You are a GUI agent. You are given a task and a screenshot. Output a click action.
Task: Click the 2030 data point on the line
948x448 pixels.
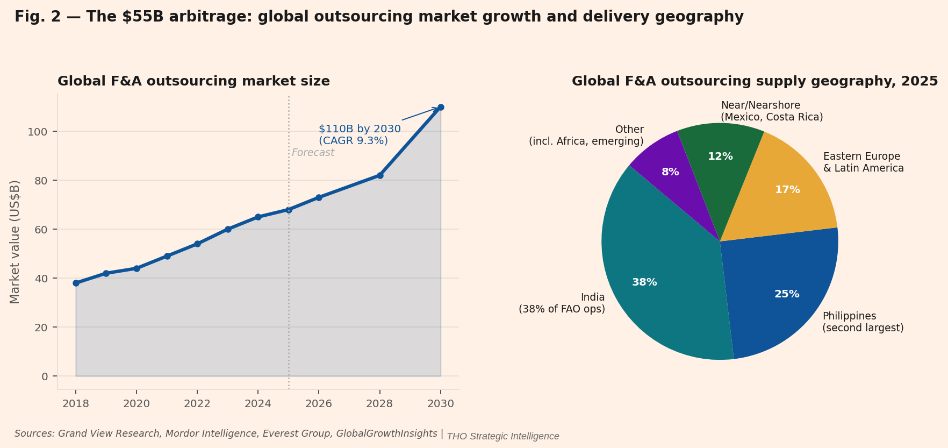pos(441,108)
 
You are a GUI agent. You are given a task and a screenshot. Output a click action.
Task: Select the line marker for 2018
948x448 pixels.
pos(76,283)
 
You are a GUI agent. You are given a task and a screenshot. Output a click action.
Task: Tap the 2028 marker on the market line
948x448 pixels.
pos(380,175)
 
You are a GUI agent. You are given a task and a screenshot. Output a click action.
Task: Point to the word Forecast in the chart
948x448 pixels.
pos(313,153)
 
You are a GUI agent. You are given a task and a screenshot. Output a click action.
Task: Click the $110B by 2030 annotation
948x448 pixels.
pos(360,135)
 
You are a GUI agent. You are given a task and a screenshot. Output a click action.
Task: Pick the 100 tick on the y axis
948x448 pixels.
pos(41,132)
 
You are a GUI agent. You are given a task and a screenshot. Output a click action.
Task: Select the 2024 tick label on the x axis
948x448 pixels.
pos(258,404)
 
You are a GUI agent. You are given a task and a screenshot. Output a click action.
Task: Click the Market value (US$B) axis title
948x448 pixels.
pos(15,241)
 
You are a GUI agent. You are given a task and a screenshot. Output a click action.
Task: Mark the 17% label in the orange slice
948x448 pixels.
pos(787,190)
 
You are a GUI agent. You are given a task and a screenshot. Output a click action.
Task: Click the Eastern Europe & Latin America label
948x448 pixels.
pos(863,162)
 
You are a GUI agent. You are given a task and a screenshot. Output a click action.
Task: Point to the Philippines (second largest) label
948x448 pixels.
pos(863,322)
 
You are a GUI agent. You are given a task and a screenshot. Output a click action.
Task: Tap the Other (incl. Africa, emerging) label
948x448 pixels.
pos(586,136)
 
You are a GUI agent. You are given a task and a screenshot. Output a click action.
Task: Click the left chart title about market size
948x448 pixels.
pos(193,81)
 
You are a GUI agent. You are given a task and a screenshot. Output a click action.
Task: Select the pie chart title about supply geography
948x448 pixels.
pos(755,81)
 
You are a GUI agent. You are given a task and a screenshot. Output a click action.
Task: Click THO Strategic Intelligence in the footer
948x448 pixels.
pos(502,437)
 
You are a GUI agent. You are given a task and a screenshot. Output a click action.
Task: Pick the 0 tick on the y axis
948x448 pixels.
pos(45,376)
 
